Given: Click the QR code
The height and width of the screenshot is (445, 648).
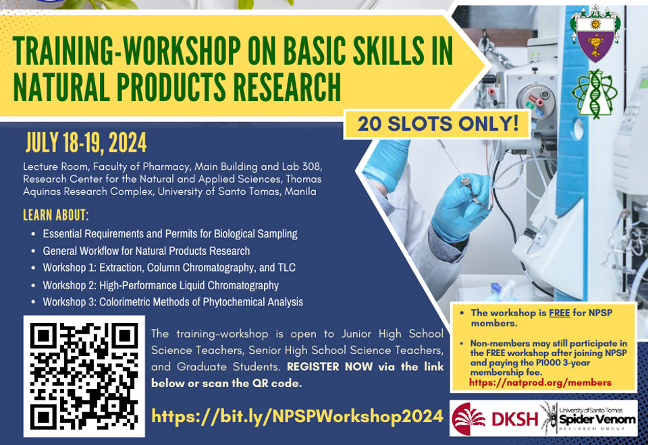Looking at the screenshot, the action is click(84, 376).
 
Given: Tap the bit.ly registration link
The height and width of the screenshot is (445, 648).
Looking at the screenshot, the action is click(298, 416).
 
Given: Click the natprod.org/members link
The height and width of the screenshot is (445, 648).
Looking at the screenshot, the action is click(541, 383).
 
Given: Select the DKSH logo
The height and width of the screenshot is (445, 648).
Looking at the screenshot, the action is click(495, 419).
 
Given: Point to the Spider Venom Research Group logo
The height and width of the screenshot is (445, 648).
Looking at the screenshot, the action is click(589, 418).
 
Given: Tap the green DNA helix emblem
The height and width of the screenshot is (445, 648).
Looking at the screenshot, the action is click(595, 94).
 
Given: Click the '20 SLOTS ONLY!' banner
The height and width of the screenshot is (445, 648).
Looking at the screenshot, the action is click(437, 124).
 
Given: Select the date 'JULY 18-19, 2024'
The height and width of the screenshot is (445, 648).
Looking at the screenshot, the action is click(86, 143).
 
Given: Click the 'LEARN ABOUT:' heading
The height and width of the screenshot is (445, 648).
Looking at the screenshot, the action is click(56, 215).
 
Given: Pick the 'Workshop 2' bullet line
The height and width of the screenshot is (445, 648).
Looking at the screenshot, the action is click(161, 285).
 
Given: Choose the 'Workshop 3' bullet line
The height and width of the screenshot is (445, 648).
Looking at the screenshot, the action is click(173, 302).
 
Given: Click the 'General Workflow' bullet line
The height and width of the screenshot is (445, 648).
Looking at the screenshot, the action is click(146, 251).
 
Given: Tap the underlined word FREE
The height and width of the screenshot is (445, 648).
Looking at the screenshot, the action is click(559, 313).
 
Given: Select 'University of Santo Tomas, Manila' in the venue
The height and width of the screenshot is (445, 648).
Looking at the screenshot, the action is click(237, 191).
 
